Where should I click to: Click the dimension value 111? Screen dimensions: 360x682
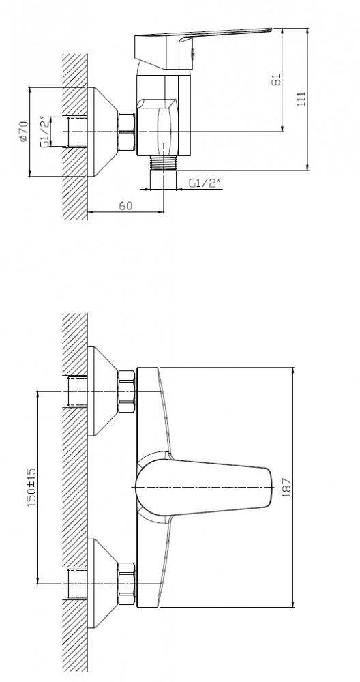click(301, 99)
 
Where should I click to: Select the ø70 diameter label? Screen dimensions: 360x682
click(23, 132)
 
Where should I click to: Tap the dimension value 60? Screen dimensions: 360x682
click(125, 205)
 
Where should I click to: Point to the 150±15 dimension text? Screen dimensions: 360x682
click(32, 487)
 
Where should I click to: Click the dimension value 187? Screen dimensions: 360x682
click(287, 487)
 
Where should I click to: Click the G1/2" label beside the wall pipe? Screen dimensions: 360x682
click(44, 132)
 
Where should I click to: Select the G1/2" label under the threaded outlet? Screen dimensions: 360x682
click(205, 183)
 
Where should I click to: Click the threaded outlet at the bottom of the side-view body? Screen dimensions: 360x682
click(164, 163)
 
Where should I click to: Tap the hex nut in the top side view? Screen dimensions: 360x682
click(127, 132)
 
